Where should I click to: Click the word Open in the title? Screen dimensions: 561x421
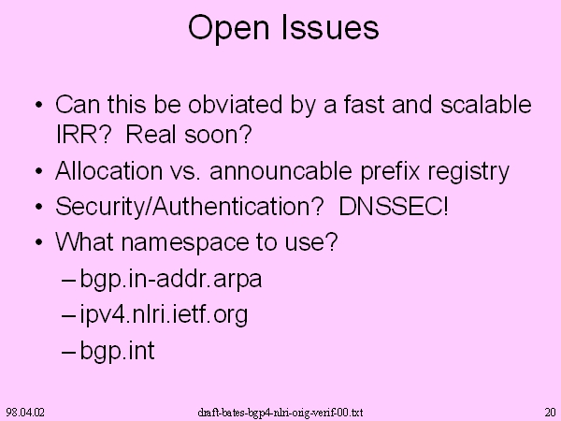tap(229, 29)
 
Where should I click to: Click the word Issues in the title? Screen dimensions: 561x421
tap(330, 27)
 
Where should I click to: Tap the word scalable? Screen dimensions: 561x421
tap(486, 105)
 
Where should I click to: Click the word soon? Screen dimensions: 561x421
tap(218, 134)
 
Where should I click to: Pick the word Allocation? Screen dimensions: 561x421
tap(108, 170)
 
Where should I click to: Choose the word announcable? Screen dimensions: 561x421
tap(280, 170)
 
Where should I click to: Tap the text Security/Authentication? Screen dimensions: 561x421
tap(190, 207)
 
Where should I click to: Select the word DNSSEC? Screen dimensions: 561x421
tap(394, 206)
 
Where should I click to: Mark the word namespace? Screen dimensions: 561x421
tap(185, 243)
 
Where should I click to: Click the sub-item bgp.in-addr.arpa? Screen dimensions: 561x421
tap(171, 280)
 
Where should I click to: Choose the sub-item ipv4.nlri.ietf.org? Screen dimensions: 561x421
tap(164, 315)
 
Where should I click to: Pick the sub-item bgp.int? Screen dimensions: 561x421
tap(118, 351)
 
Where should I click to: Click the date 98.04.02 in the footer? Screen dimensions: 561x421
tap(25, 412)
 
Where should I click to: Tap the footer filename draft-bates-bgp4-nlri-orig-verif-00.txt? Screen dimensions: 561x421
tap(280, 413)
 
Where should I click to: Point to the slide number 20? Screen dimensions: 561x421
tap(551, 412)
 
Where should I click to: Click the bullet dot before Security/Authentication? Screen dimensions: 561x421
tap(39, 208)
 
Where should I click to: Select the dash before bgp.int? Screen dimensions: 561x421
tap(68, 353)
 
